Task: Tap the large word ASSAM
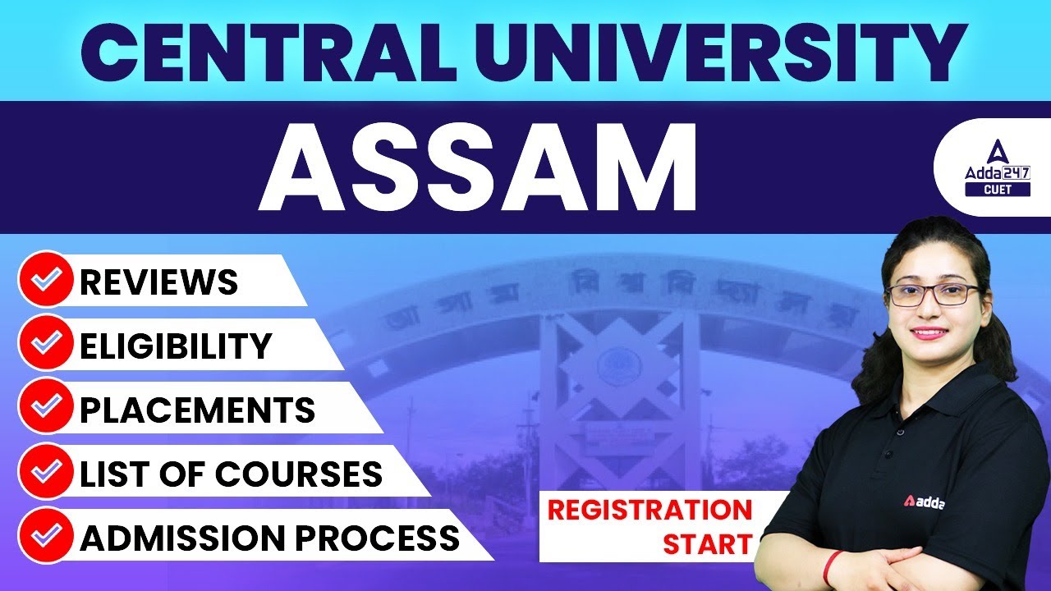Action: point(478,170)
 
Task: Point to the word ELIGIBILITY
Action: point(175,346)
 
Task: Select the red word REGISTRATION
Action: point(649,510)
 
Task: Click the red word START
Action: point(707,543)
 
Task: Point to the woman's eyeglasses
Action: point(934,294)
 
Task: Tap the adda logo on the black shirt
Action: point(923,502)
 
